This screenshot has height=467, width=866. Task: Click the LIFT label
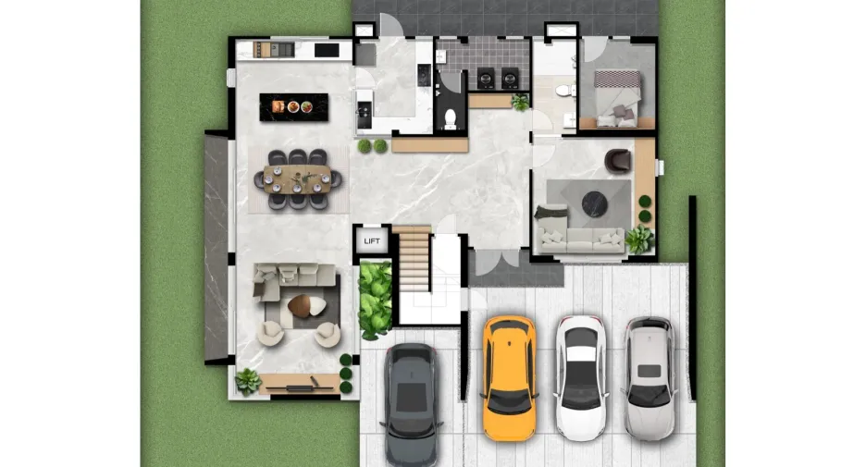[372, 240]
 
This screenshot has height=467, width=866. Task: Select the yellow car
[509, 378]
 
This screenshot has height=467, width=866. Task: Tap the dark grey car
[412, 405]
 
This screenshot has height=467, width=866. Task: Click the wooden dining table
[297, 178]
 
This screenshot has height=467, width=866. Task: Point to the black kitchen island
[294, 107]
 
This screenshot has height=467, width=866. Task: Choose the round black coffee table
[595, 203]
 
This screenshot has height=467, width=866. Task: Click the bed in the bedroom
[617, 97]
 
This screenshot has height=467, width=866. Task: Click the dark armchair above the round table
[617, 161]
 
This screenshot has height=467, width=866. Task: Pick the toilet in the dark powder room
[451, 118]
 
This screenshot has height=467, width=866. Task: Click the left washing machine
[486, 79]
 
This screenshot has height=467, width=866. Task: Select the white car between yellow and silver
[581, 378]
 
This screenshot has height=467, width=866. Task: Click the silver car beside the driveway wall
[650, 378]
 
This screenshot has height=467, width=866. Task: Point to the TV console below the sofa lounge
[299, 383]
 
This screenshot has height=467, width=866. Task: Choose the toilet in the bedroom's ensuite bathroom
[563, 90]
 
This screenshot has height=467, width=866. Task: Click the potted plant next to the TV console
[247, 381]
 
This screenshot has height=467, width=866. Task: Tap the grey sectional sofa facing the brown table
[294, 279]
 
